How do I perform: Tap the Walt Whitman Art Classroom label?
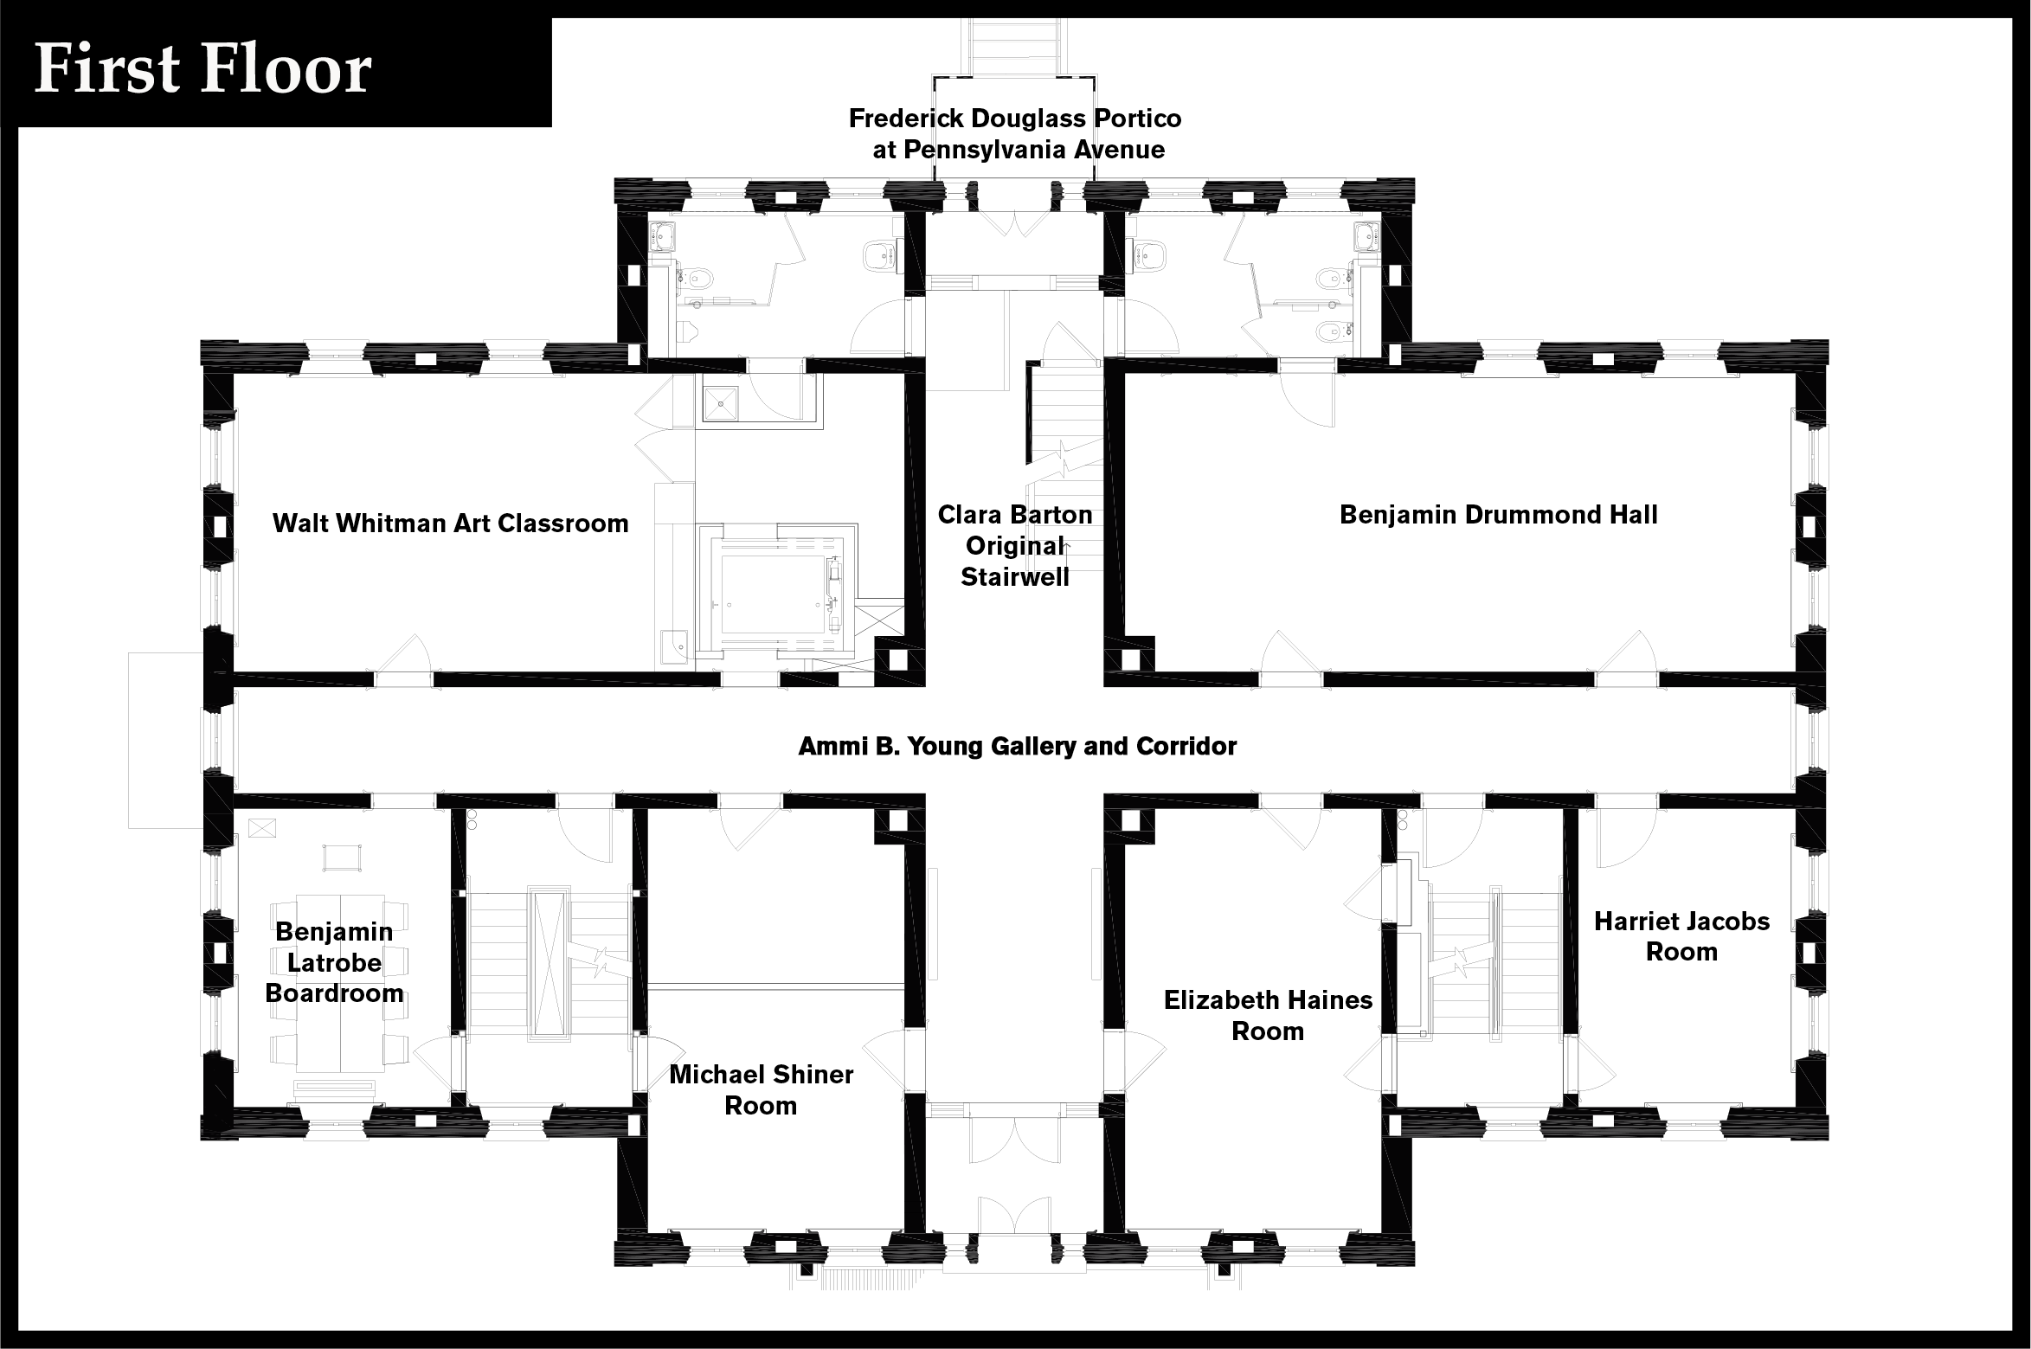click(x=450, y=524)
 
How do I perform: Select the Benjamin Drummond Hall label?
click(x=1499, y=515)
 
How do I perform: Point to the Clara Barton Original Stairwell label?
click(x=1015, y=545)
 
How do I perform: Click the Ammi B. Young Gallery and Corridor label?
click(x=1018, y=746)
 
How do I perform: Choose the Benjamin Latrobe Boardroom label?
click(x=334, y=961)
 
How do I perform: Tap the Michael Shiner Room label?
click(x=762, y=1089)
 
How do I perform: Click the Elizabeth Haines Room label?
click(x=1268, y=1015)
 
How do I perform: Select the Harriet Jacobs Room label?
click(x=1681, y=936)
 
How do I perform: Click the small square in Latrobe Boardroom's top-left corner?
click(x=260, y=827)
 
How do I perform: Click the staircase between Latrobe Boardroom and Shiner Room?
click(x=549, y=960)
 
